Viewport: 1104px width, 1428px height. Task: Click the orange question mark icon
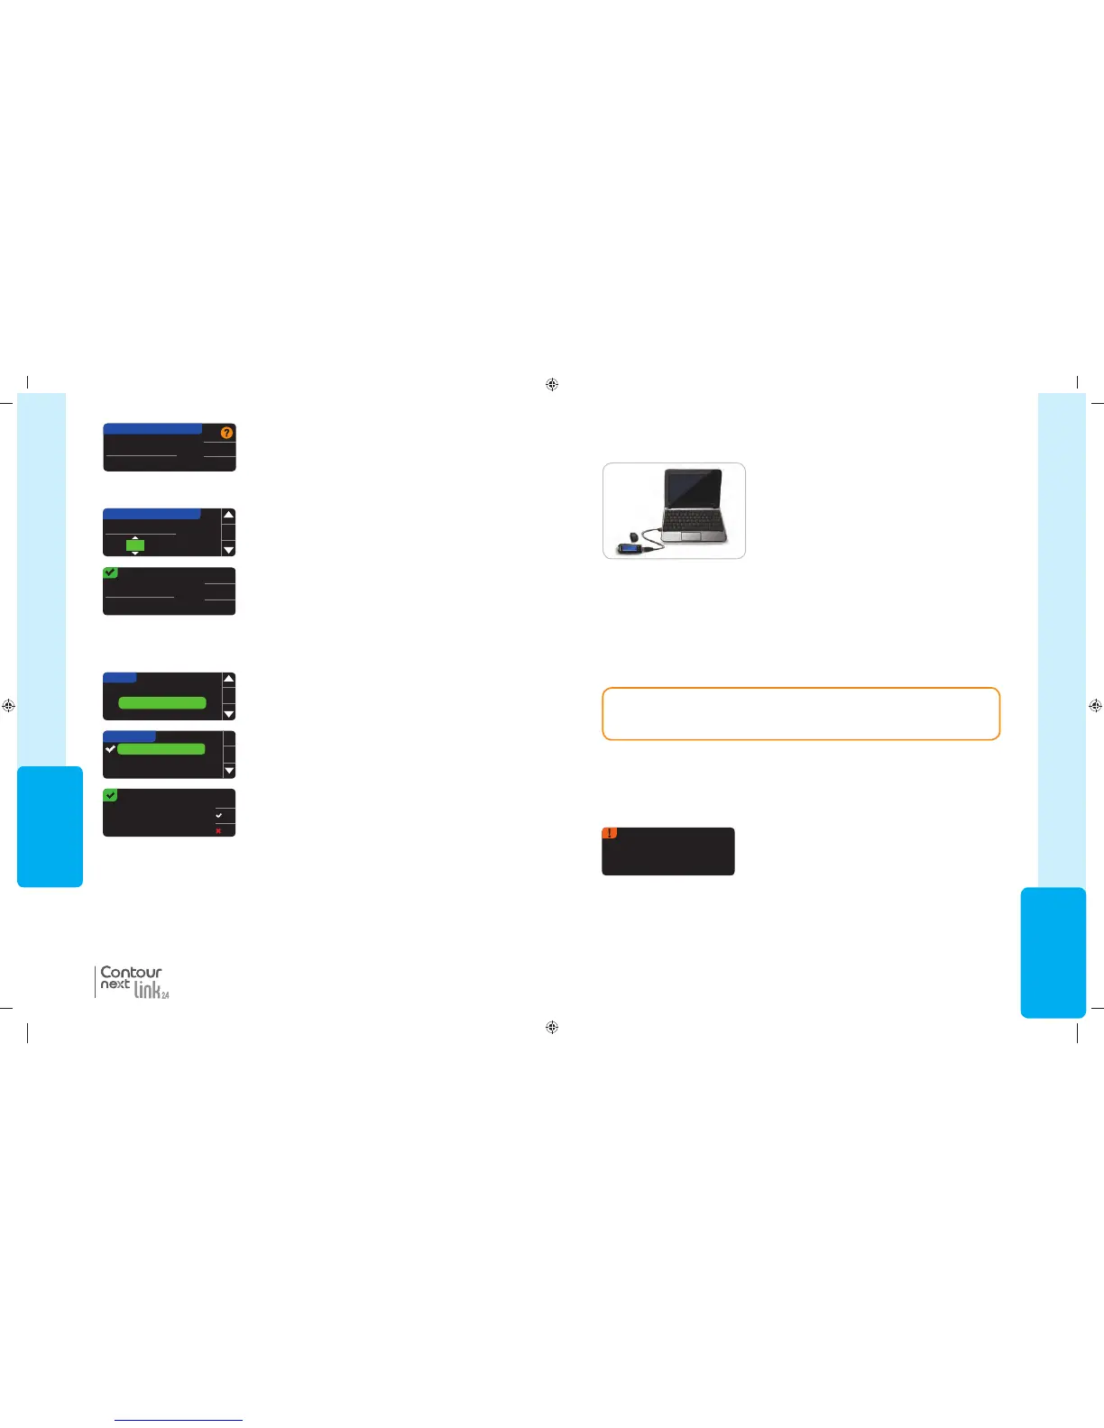click(226, 433)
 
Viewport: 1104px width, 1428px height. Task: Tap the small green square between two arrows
click(135, 545)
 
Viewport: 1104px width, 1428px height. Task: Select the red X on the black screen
click(218, 830)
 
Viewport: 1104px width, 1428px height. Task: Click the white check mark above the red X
click(218, 815)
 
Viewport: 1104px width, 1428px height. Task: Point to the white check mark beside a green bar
click(110, 749)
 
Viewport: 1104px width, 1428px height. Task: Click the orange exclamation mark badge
click(610, 833)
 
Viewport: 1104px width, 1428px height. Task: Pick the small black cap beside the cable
click(634, 537)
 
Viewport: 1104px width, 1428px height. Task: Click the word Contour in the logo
click(131, 972)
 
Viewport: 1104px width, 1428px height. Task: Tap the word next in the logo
click(115, 984)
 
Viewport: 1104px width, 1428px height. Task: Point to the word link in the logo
click(148, 990)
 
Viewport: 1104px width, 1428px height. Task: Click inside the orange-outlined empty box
click(801, 714)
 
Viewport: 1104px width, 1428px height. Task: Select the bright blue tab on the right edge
click(1053, 952)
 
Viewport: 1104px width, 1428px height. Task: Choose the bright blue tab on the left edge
click(50, 827)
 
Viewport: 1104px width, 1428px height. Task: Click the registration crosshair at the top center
click(552, 385)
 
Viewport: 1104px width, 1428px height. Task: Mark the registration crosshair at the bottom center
click(552, 1027)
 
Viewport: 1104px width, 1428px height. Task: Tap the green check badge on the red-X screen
click(110, 795)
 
